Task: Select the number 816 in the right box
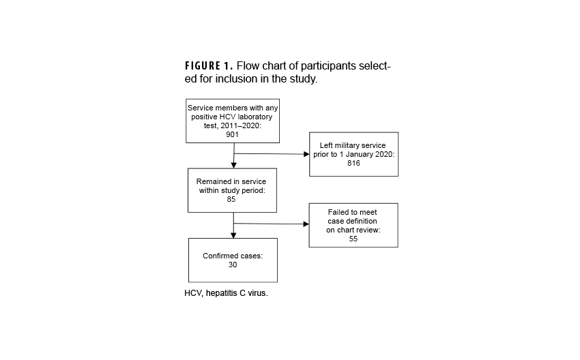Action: pos(353,164)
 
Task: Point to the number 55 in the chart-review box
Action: pos(353,239)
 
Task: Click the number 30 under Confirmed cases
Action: pos(233,265)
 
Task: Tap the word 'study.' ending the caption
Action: pos(303,79)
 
